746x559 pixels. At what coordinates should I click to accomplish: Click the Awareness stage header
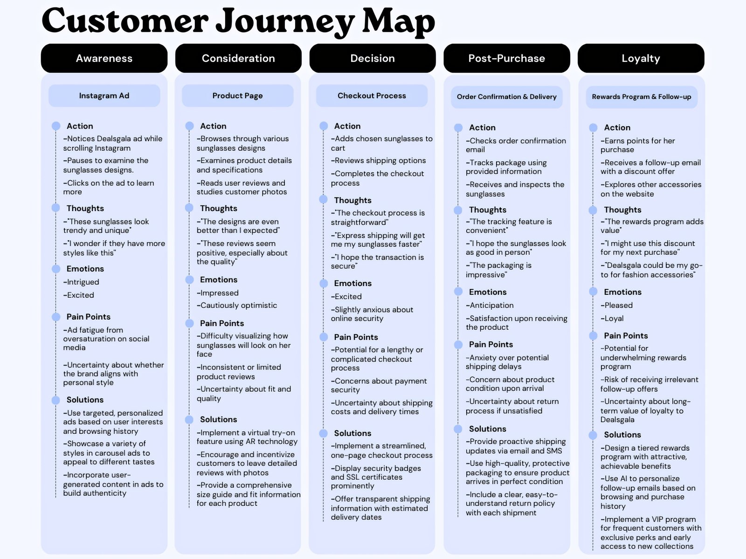tap(104, 58)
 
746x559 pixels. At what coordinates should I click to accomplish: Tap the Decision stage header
tap(372, 58)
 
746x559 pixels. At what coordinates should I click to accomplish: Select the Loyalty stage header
tap(641, 58)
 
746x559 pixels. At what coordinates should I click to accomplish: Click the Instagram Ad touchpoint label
tap(104, 95)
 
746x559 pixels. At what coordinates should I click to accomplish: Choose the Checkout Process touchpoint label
tap(372, 95)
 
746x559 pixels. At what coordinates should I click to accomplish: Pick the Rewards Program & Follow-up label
tap(642, 97)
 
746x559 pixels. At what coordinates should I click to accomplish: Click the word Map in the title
tap(398, 21)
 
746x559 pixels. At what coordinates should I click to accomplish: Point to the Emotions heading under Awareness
tap(85, 269)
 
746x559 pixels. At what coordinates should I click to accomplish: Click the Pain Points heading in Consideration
tap(221, 323)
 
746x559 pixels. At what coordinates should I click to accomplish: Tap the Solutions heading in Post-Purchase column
tap(487, 429)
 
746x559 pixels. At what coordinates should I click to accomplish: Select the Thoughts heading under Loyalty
tap(622, 210)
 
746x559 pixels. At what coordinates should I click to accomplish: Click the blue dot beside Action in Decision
tap(324, 126)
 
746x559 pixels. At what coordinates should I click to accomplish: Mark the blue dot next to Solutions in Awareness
tap(56, 400)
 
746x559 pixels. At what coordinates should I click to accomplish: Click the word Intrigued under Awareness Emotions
tap(83, 282)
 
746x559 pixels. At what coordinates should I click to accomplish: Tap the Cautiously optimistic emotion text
tap(238, 306)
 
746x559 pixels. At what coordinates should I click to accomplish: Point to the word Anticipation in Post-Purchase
tap(491, 305)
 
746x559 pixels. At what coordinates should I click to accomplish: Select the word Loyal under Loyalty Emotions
tap(613, 319)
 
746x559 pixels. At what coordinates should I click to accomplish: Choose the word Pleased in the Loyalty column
tap(618, 305)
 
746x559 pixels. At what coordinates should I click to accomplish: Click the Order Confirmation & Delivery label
tap(506, 97)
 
